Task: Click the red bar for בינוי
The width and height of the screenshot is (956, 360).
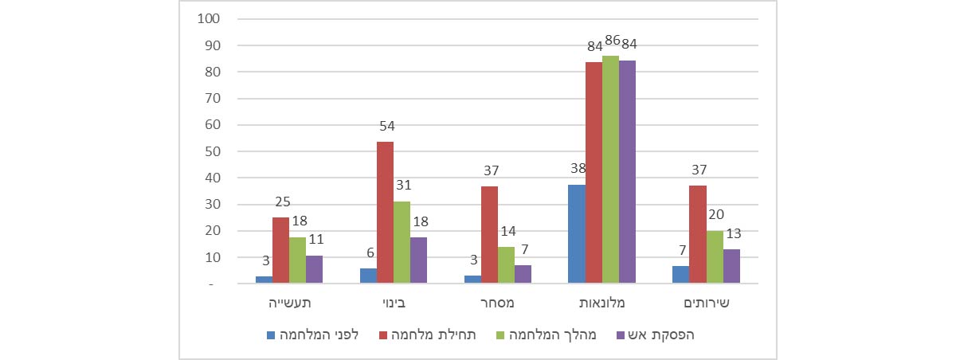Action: (x=385, y=213)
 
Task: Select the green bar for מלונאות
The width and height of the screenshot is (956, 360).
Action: (x=610, y=170)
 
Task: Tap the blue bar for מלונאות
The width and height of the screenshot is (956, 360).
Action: (x=576, y=234)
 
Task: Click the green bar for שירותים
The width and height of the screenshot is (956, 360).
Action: (x=714, y=257)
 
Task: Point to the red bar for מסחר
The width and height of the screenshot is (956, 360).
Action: (x=488, y=235)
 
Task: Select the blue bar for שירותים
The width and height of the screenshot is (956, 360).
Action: (x=680, y=275)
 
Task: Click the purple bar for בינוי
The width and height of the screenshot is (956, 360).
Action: (x=418, y=260)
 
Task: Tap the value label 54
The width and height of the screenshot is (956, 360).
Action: (x=387, y=126)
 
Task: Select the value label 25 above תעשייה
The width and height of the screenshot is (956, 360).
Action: (x=281, y=202)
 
